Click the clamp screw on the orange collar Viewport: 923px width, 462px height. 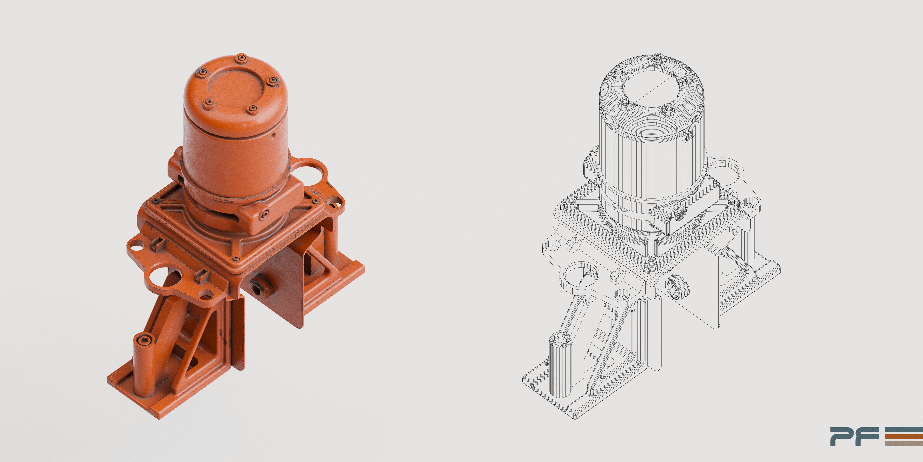tap(264, 215)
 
